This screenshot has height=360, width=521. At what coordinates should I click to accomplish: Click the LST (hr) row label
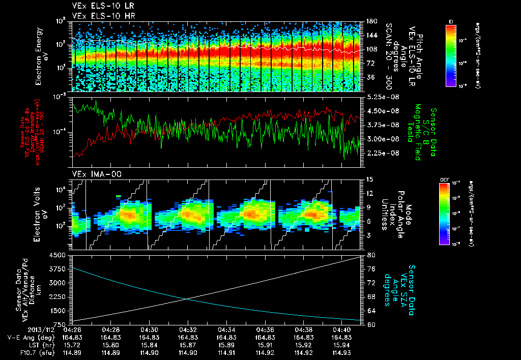point(22,345)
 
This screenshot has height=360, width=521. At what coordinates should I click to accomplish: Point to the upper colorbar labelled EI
point(450,54)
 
